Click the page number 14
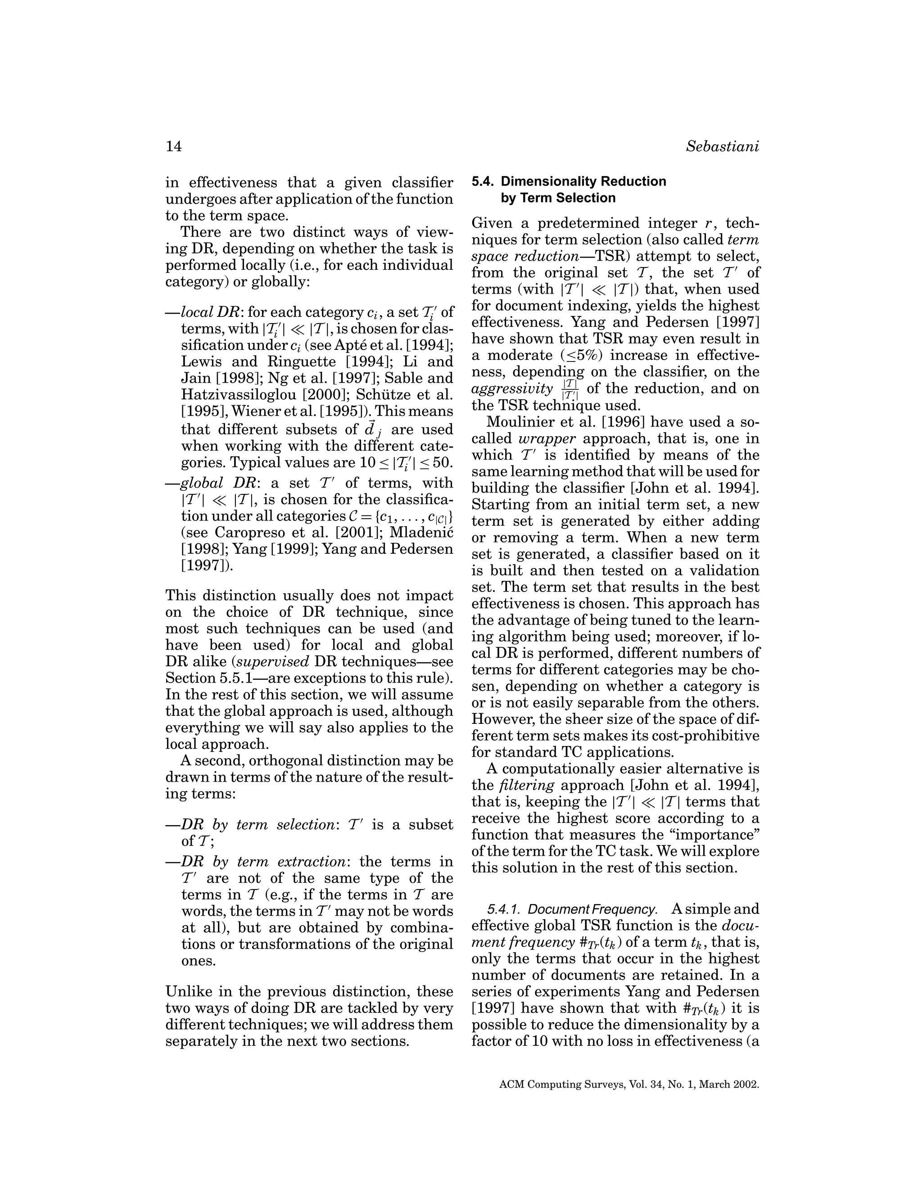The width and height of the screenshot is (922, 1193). click(174, 147)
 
